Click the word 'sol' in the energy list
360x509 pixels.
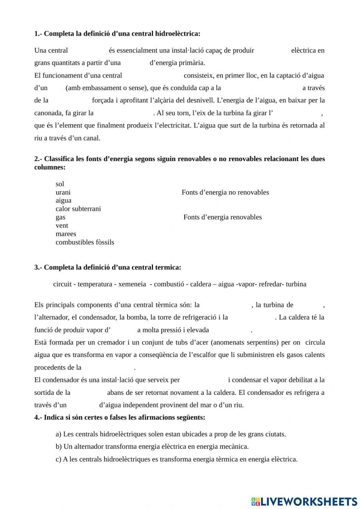(60, 184)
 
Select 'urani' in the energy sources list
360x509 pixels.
(63, 192)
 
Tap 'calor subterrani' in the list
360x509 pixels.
(78, 209)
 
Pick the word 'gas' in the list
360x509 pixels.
(60, 217)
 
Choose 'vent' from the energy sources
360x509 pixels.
(62, 226)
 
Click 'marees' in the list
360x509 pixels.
(66, 234)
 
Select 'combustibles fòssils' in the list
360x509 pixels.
(85, 242)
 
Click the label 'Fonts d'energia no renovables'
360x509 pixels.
(225, 192)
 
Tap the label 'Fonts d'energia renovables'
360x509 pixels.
(222, 217)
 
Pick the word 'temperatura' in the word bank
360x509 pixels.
(95, 284)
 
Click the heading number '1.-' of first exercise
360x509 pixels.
(38, 34)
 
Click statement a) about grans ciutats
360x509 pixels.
(171, 434)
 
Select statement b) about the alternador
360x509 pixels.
(152, 447)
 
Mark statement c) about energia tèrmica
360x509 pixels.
(176, 459)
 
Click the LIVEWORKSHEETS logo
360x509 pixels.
(304, 501)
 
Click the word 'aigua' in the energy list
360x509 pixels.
(63, 201)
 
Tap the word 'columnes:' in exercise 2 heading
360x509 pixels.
(50, 168)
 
